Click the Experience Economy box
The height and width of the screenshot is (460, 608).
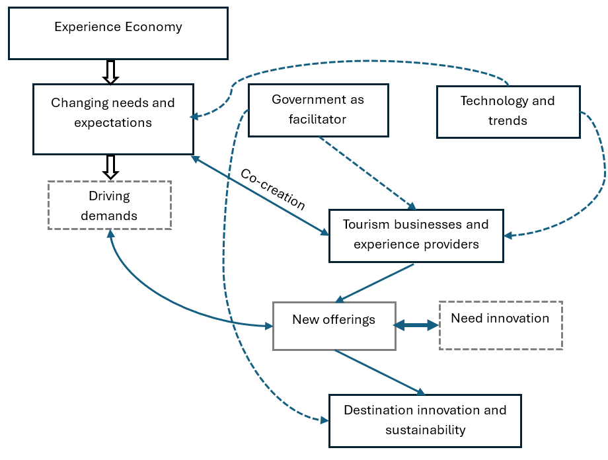[x=118, y=33]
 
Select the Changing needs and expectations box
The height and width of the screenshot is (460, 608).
[x=113, y=119]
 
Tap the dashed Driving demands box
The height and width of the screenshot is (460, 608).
[x=109, y=206]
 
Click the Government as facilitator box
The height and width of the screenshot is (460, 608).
[x=318, y=110]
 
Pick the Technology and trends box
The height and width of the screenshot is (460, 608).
[x=508, y=111]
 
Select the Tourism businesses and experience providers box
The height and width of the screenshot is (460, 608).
[x=416, y=235]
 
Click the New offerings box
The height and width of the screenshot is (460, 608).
[x=334, y=326]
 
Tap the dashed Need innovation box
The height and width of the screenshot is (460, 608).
[x=500, y=325]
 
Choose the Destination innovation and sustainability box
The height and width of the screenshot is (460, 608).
[x=425, y=420]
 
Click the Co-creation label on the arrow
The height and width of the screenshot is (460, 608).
[x=272, y=190]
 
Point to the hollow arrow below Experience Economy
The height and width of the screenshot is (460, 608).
[x=111, y=72]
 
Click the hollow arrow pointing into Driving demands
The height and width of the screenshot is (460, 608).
[x=111, y=167]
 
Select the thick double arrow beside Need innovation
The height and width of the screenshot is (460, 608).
[x=416, y=325]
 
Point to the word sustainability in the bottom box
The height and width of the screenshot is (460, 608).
[x=425, y=430]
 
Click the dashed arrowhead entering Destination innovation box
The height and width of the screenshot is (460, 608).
[x=324, y=420]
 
